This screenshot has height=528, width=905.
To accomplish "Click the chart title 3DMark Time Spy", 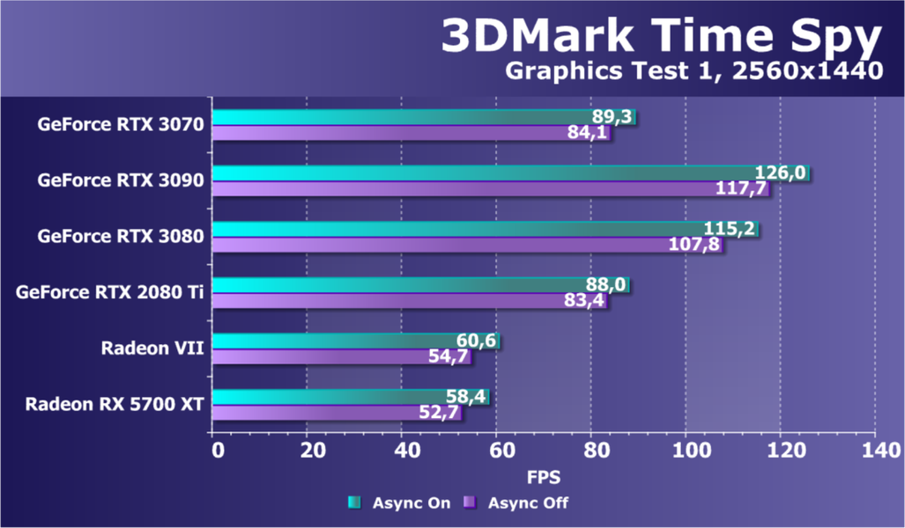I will (x=661, y=38).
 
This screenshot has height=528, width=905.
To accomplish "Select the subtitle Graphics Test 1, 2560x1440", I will (x=693, y=71).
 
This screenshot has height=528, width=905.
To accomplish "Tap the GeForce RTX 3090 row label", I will (x=121, y=180).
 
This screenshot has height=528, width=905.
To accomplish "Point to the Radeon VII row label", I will (x=152, y=348).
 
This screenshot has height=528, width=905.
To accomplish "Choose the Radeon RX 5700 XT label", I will (x=115, y=405).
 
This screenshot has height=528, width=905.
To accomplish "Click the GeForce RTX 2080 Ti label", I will (x=110, y=292).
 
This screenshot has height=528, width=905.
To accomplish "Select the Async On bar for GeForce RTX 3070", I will (x=397, y=117).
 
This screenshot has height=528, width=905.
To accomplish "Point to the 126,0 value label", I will (x=780, y=172).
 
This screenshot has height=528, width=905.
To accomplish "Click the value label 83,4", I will (x=584, y=301).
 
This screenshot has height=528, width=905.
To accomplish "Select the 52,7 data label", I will (x=439, y=413).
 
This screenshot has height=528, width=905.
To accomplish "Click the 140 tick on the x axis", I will (x=874, y=451).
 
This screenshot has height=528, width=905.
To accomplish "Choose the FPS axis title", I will (x=544, y=477).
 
